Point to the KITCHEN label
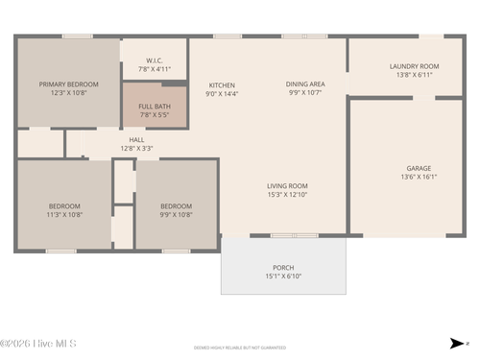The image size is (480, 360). pos(222,84)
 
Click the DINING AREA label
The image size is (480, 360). pos(305,84)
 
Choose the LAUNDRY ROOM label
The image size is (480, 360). pos(414,66)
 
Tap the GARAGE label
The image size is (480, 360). pos(419,167)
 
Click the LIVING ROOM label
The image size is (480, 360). pos(287,185)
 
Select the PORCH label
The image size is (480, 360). pos(283,267)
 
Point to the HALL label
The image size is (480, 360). pos(137,140)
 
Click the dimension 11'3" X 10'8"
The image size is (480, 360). pos(65,215)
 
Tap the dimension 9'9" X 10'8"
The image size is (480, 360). pos(176,215)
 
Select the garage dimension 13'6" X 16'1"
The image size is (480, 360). pos(419,177)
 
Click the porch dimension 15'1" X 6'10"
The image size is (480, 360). pos(283,276)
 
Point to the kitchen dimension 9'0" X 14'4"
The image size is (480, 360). pos(222,94)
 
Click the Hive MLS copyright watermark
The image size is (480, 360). pos(38,343)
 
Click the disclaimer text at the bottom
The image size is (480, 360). pos(240,348)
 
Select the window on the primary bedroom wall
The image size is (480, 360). pos(77,36)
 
